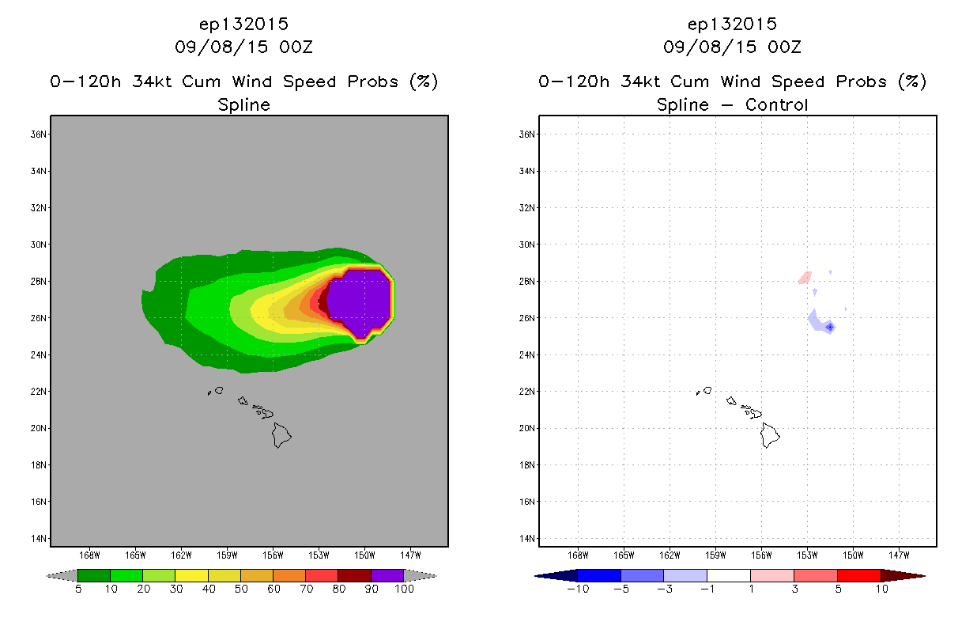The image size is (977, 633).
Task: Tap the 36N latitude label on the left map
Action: click(x=38, y=134)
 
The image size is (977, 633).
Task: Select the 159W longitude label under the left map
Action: click(x=227, y=555)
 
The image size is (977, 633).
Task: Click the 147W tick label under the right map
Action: click(x=899, y=555)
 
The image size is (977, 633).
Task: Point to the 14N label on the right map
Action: click(x=526, y=538)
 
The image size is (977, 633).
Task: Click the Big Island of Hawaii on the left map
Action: click(x=281, y=435)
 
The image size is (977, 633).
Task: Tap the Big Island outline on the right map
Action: click(x=770, y=435)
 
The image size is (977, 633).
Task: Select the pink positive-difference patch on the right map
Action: click(x=805, y=278)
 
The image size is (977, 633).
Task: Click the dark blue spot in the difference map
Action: click(x=830, y=327)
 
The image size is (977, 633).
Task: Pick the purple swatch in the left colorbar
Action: click(x=387, y=575)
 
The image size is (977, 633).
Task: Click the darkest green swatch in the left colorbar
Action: click(x=94, y=575)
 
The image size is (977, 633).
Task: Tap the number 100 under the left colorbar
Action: click(x=404, y=589)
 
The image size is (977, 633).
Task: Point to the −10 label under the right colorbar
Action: click(x=578, y=589)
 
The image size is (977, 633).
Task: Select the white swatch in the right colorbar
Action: click(x=728, y=575)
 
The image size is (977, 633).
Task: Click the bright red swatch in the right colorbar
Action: click(x=858, y=575)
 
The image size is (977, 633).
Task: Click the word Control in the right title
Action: click(x=776, y=105)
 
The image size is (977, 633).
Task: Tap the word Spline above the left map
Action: click(x=243, y=105)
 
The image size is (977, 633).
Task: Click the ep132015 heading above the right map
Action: click(x=732, y=25)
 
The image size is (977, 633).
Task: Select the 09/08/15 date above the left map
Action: click(x=221, y=47)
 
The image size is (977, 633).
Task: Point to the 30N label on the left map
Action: click(x=38, y=244)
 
